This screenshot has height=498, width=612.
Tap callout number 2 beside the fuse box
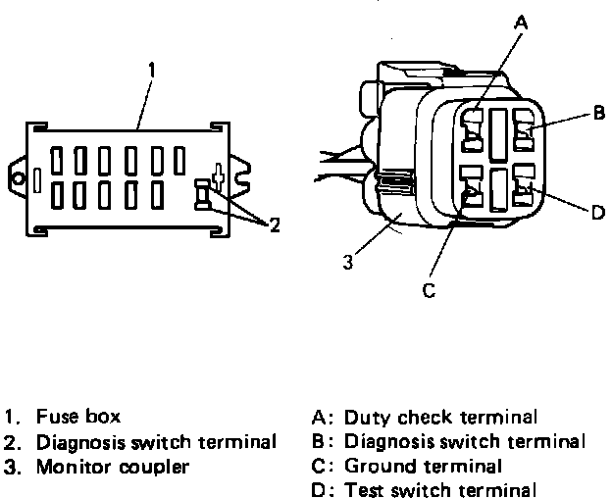pyautogui.click(x=276, y=226)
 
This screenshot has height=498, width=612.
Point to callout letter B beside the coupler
pyautogui.click(x=598, y=114)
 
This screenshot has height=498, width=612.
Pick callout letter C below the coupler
pyautogui.click(x=427, y=289)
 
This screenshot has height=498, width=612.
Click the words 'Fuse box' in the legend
pyautogui.click(x=78, y=417)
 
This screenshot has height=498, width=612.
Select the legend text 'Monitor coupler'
pyautogui.click(x=112, y=467)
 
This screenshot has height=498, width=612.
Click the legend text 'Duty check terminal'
pyautogui.click(x=441, y=417)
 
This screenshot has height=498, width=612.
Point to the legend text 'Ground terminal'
pyautogui.click(x=424, y=467)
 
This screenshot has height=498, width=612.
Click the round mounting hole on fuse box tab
pyautogui.click(x=17, y=180)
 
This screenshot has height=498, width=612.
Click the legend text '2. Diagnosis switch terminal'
pyautogui.click(x=140, y=442)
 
